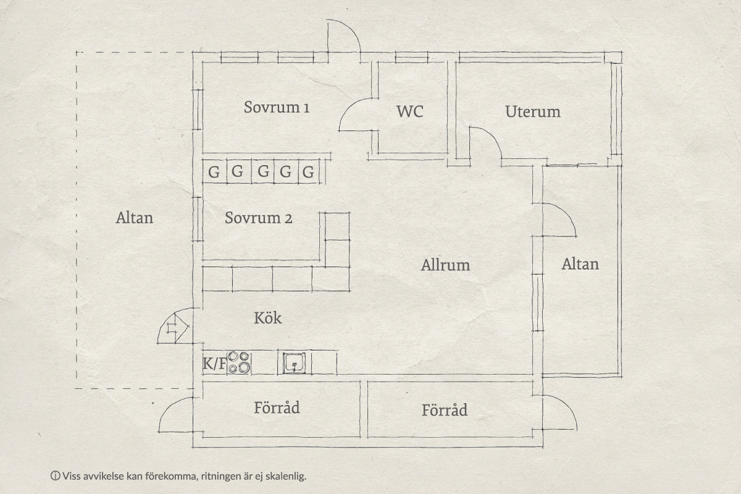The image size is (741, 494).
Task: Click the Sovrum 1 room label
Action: click(277, 107)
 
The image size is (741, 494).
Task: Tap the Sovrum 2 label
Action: click(258, 218)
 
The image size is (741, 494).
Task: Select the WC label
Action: click(410, 112)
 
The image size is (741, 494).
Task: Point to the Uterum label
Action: click(532, 112)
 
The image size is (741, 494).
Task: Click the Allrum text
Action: click(445, 265)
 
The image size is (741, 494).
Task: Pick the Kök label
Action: click(268, 317)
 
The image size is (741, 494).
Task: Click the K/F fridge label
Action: click(214, 364)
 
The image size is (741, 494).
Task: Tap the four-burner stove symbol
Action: click(239, 362)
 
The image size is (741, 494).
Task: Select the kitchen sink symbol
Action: click(294, 363)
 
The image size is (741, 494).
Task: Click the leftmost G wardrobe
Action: click(214, 172)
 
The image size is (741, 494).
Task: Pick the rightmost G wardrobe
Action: click(308, 172)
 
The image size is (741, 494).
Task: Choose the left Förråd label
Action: click(277, 408)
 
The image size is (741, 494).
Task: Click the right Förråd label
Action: click(445, 410)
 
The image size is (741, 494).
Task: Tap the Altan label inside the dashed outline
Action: click(135, 218)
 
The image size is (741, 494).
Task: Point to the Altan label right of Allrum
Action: click(580, 264)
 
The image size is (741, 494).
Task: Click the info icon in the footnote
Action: click(55, 476)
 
